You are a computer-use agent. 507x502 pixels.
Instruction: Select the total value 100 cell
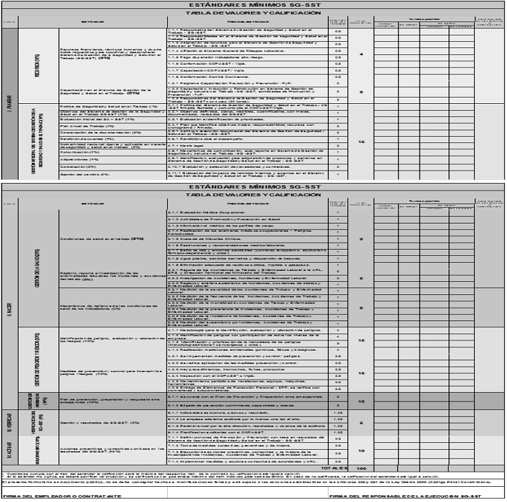pos(362,468)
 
